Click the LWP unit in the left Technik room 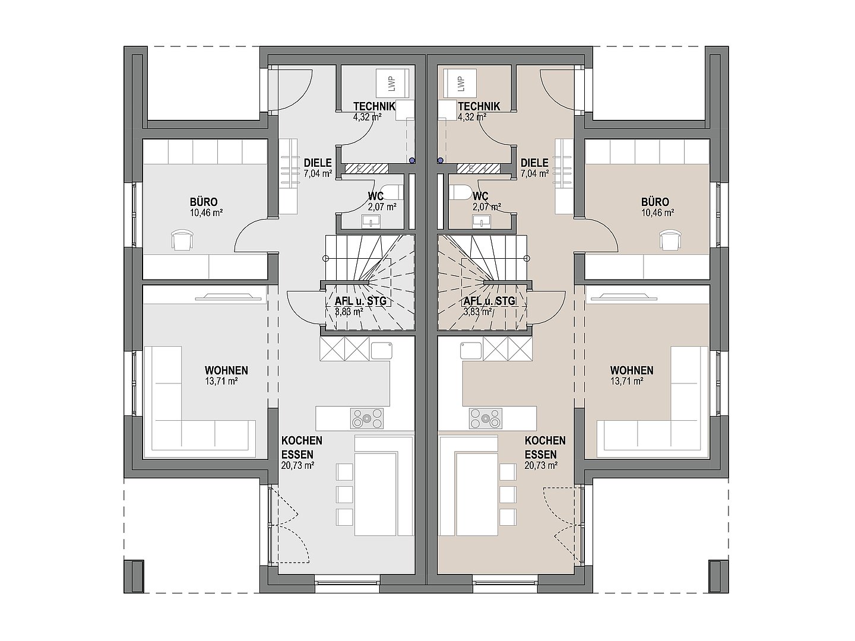(x=392, y=84)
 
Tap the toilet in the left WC (x=391, y=192)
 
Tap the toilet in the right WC (x=461, y=192)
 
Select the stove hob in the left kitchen (x=366, y=418)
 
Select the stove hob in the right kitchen (x=485, y=418)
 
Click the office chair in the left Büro (x=182, y=240)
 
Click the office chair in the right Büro (x=671, y=240)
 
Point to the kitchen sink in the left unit (x=381, y=350)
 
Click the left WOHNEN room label (x=226, y=370)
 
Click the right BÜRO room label (x=655, y=202)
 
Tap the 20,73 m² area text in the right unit (x=541, y=465)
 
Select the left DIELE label (x=318, y=163)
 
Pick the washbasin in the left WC (x=371, y=221)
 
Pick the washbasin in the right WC (x=482, y=221)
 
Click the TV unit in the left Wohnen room (x=228, y=297)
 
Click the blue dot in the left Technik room (x=412, y=160)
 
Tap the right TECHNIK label (x=479, y=106)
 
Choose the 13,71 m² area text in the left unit (x=221, y=381)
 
